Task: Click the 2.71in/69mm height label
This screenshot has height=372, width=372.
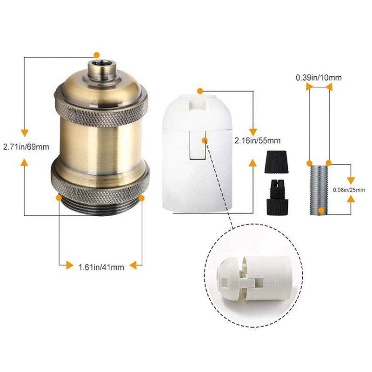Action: click(x=26, y=147)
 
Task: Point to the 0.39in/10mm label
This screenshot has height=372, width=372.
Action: click(x=319, y=78)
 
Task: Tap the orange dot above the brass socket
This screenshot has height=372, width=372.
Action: click(x=97, y=55)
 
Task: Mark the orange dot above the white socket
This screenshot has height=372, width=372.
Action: click(x=200, y=89)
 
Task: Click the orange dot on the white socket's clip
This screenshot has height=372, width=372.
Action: click(x=205, y=139)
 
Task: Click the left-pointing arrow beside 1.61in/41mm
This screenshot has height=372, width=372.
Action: click(x=133, y=266)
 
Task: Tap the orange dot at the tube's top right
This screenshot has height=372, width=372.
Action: click(x=328, y=162)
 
